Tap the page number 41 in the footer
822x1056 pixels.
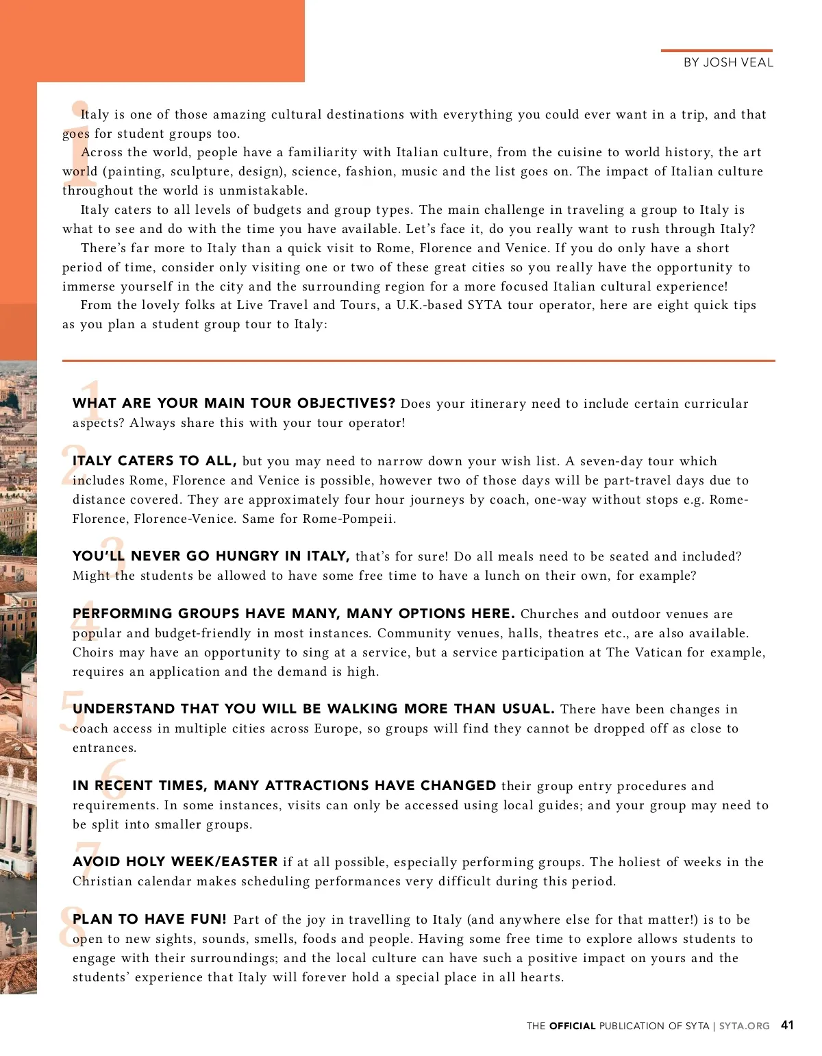pyautogui.click(x=787, y=1025)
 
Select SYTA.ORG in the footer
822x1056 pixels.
pyautogui.click(x=744, y=1026)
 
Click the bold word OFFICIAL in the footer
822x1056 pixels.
pyautogui.click(x=572, y=1026)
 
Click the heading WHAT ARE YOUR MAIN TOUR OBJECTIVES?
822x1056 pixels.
pyautogui.click(x=234, y=403)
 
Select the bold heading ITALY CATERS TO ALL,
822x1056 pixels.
pyautogui.click(x=155, y=461)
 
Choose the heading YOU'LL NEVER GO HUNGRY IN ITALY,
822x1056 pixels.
pyautogui.click(x=212, y=556)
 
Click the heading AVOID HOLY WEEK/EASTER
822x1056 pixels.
pyautogui.click(x=175, y=861)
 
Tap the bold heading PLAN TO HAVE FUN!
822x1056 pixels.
pyautogui.click(x=149, y=919)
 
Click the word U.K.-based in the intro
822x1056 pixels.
pyautogui.click(x=429, y=305)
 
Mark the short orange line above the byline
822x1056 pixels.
pyautogui.click(x=716, y=51)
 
